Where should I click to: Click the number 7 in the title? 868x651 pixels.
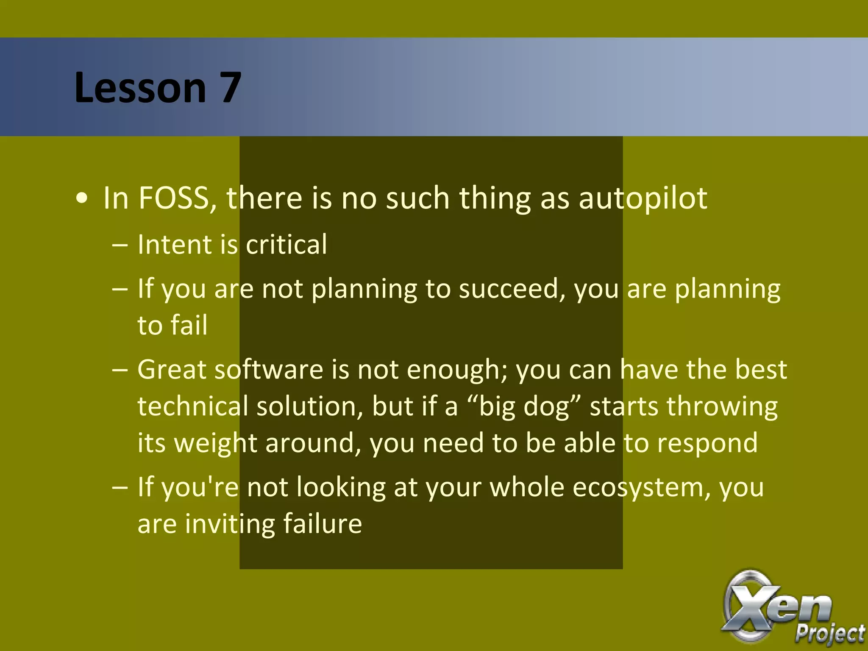[230, 88]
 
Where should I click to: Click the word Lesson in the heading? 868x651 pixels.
[140, 88]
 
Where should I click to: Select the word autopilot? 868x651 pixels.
[643, 199]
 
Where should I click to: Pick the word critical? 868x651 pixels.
[287, 245]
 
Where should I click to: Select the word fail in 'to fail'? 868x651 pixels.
[189, 325]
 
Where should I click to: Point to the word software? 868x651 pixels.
[269, 370]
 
